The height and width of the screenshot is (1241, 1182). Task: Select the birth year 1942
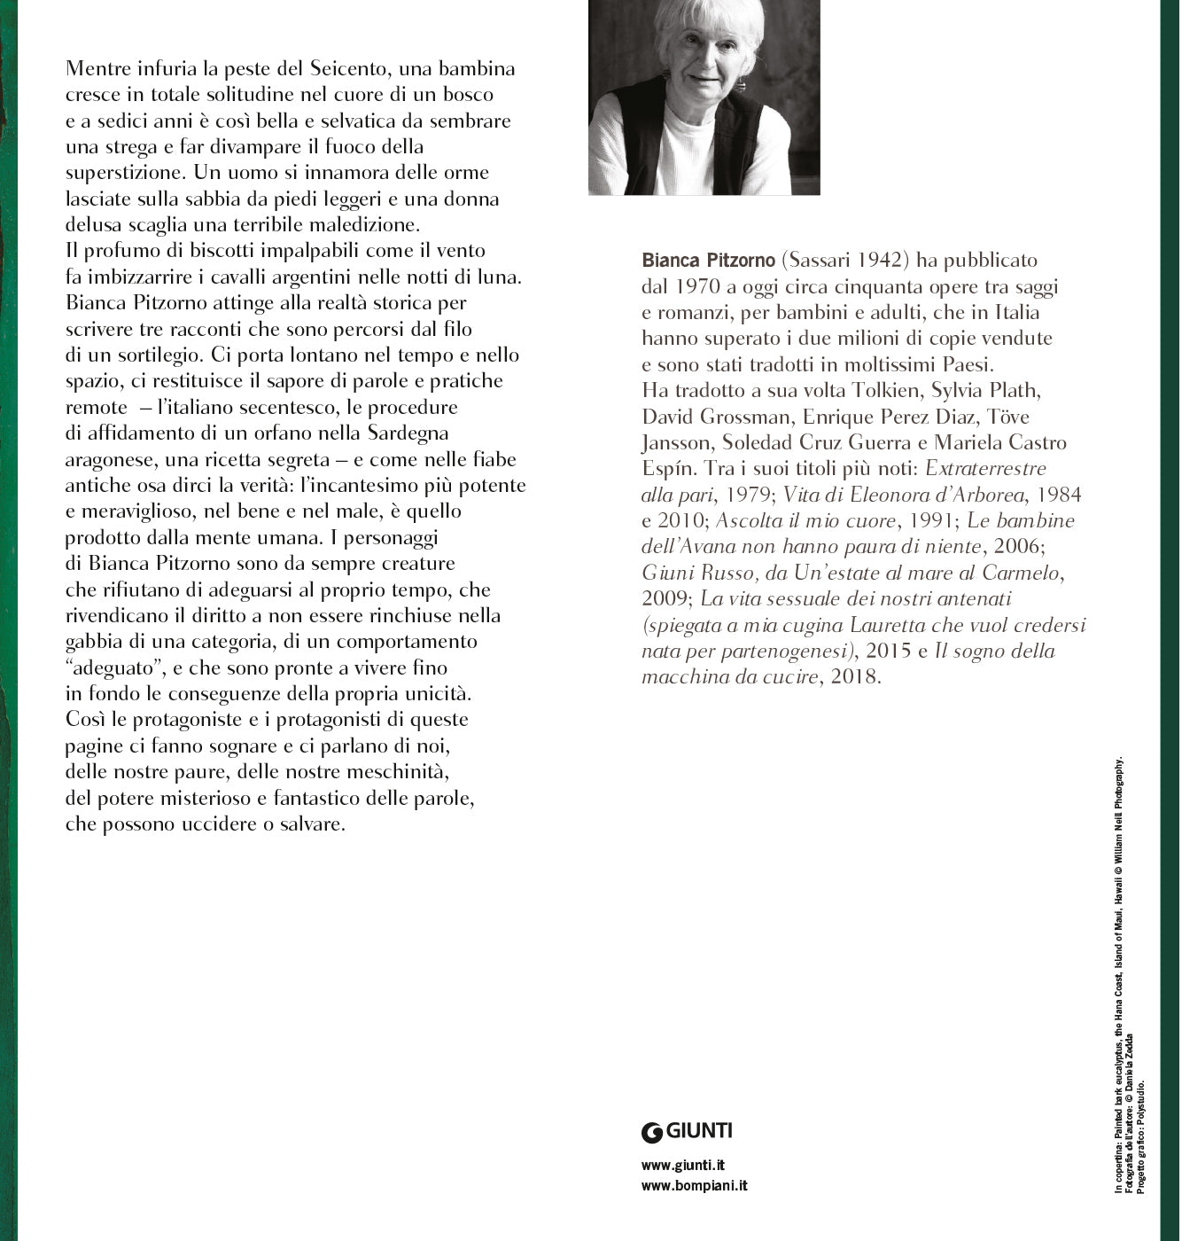pos(881,261)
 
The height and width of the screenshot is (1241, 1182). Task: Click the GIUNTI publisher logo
pos(688,1131)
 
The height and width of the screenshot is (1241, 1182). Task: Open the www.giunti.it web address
pos(682,1166)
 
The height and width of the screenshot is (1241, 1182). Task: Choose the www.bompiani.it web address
pos(694,1186)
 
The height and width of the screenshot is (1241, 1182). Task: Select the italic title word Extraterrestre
pos(973,468)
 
